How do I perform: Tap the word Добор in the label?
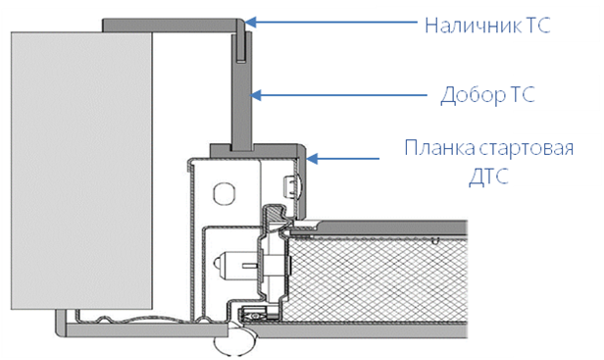pos(473,95)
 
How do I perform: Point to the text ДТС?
pos(489,177)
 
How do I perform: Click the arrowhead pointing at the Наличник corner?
pos(250,22)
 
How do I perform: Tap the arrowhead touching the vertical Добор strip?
pos(256,95)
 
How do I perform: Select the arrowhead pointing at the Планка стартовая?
pos(312,158)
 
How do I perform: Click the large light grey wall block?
pos(81,171)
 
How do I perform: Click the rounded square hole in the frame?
pos(224,192)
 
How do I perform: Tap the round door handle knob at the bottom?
pos(235,344)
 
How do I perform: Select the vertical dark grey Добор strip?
pos(242,92)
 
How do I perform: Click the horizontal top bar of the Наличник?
pos(172,25)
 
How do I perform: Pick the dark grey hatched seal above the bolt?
pos(276,213)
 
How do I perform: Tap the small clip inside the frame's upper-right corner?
pos(291,185)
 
